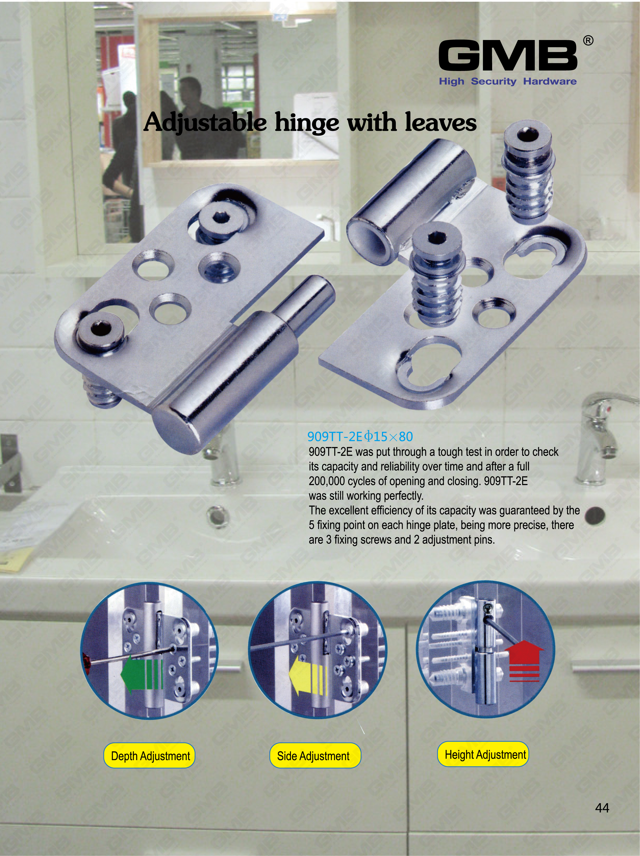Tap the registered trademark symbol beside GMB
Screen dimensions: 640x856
[588, 41]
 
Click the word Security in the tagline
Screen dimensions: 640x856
[493, 81]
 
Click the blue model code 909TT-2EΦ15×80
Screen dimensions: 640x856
[360, 436]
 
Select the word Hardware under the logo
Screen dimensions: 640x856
[550, 81]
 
